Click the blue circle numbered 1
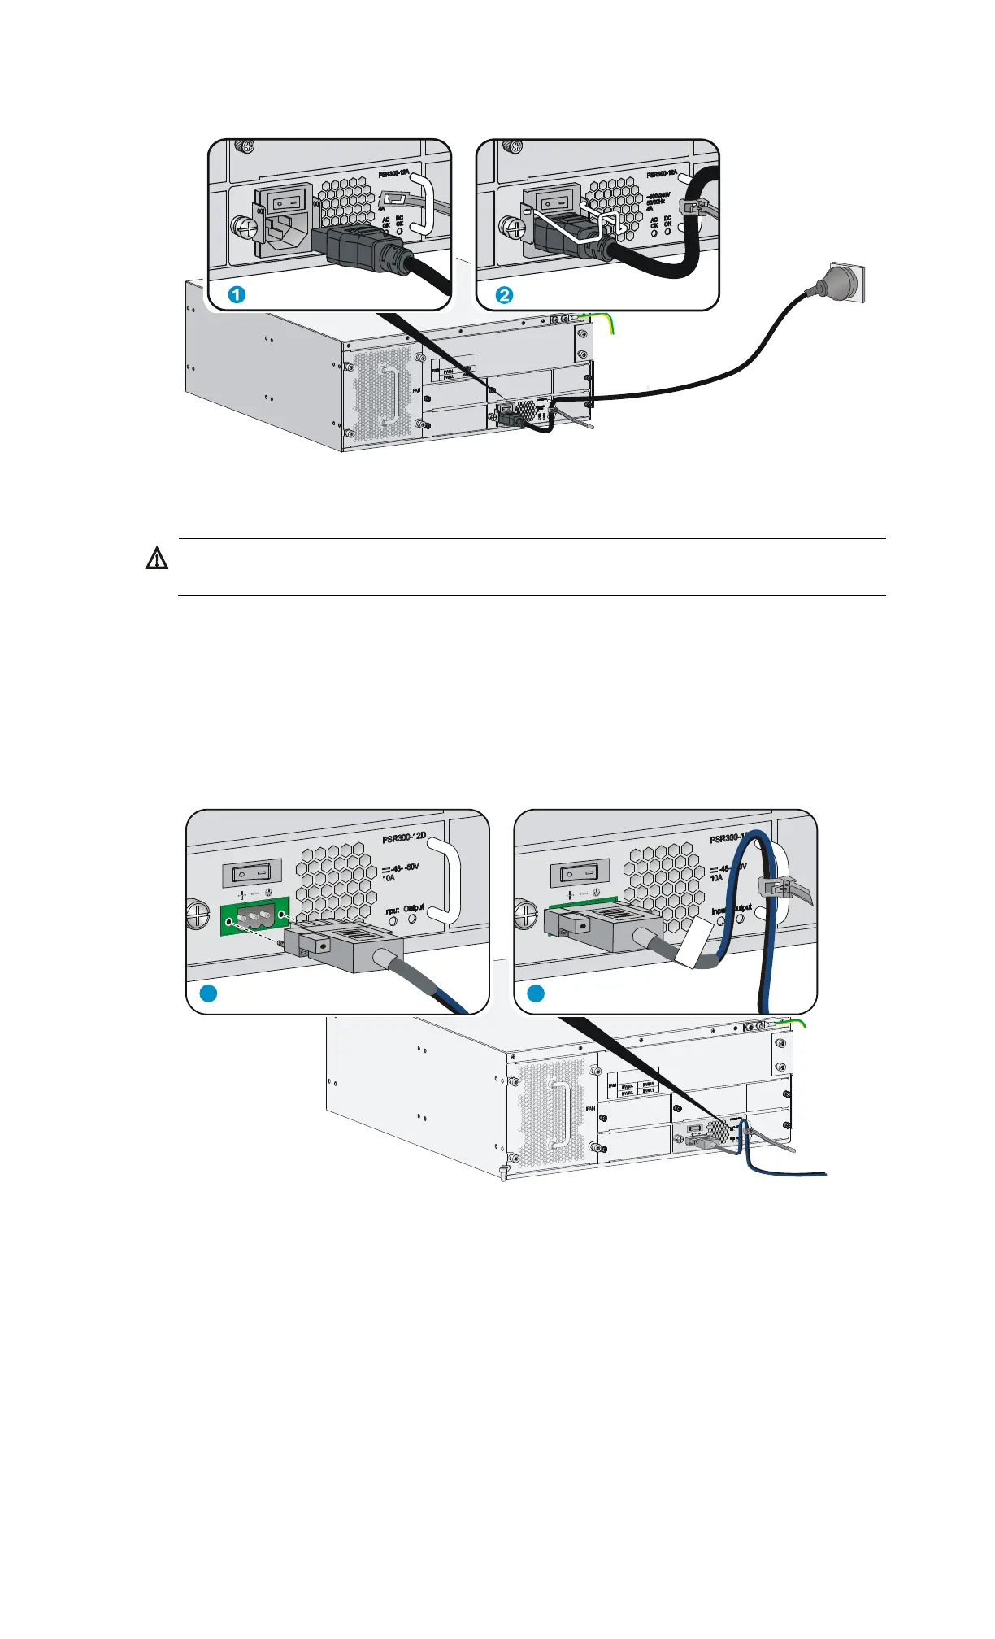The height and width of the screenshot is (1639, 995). tap(237, 294)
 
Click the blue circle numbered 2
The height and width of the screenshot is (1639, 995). tap(505, 294)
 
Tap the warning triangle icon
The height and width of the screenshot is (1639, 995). tap(157, 559)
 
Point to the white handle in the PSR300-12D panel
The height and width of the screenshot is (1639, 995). tap(450, 881)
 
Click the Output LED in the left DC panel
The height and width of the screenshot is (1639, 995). tap(412, 919)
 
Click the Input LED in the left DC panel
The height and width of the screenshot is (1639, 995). tap(393, 922)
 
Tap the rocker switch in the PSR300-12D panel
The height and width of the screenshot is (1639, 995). tap(252, 873)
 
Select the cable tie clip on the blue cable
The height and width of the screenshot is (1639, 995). tap(774, 889)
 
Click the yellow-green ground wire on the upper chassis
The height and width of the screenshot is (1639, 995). tap(608, 324)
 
